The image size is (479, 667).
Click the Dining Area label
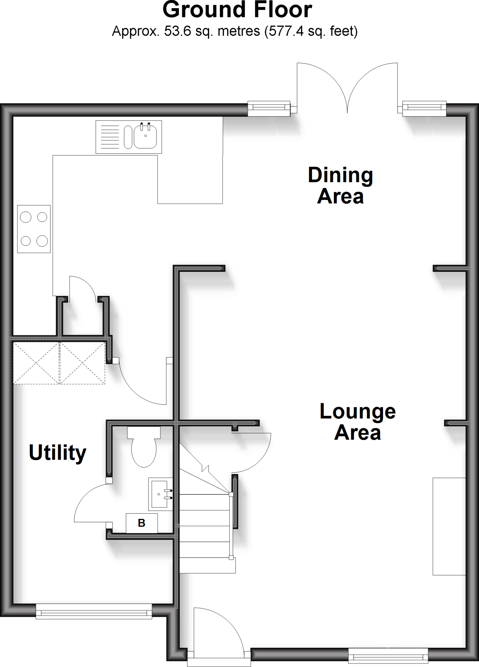click(x=340, y=186)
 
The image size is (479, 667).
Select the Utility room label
click(x=58, y=452)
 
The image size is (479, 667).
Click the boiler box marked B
click(x=142, y=523)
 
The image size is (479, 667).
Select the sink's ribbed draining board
click(x=110, y=137)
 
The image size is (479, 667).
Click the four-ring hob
click(x=34, y=229)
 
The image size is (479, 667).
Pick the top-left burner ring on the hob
click(x=26, y=217)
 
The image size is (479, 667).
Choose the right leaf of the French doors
click(x=374, y=86)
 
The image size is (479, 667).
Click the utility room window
click(x=94, y=611)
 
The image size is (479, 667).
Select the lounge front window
click(x=388, y=655)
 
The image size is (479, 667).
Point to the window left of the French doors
click(x=269, y=109)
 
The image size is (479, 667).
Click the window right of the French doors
click(x=424, y=109)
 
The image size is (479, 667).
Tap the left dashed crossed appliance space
click(x=36, y=363)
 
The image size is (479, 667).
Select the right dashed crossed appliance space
click(x=82, y=363)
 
